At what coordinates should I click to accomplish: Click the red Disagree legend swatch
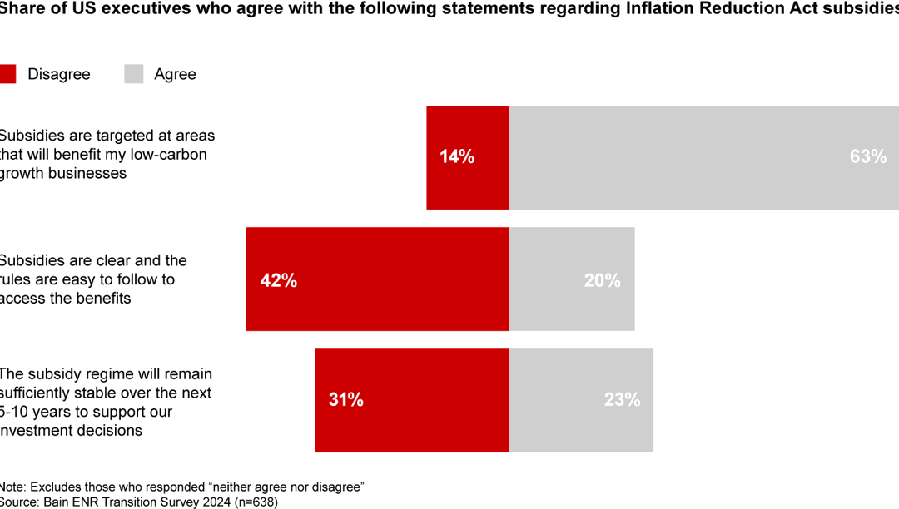(x=7, y=74)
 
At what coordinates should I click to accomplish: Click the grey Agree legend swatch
(x=134, y=74)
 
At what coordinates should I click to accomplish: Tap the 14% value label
(x=457, y=156)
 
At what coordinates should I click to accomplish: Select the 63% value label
(x=867, y=156)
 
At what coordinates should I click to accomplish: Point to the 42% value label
(x=279, y=280)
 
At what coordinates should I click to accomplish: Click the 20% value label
(x=602, y=280)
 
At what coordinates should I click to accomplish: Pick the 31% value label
(x=345, y=399)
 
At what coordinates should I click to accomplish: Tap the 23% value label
(x=622, y=399)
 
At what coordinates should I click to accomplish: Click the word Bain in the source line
(x=57, y=502)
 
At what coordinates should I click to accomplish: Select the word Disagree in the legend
(x=58, y=74)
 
